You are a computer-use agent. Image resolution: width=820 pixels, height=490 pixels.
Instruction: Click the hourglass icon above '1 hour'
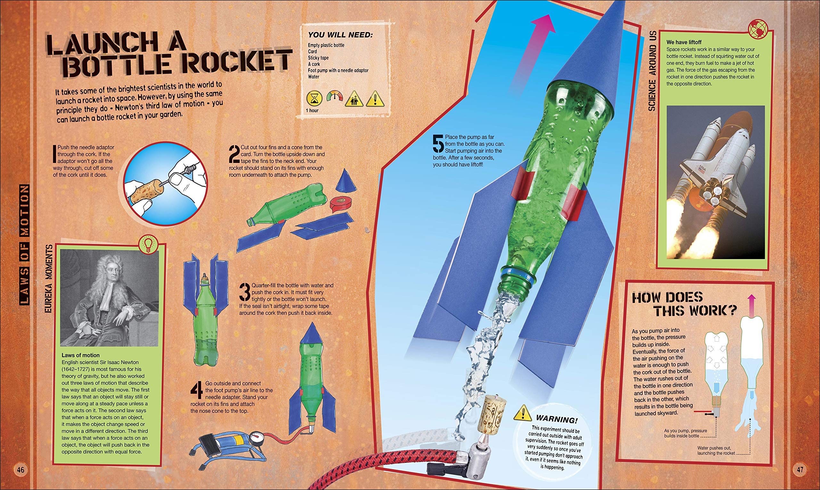315,98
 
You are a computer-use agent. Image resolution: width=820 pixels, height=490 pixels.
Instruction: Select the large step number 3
245,292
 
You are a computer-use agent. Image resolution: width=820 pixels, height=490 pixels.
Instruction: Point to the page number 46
20,470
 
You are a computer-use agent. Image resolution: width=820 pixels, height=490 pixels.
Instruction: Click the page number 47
799,470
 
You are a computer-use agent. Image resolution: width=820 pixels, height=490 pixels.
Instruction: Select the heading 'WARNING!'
556,419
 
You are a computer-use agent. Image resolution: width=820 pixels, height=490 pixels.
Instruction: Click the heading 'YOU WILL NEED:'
340,35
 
